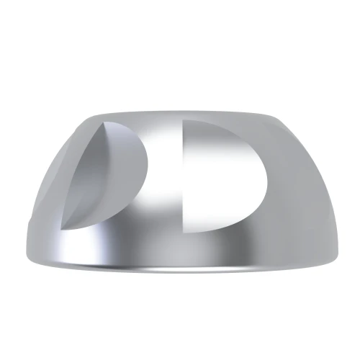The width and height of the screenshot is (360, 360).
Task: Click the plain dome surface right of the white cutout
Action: click(302, 202)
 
